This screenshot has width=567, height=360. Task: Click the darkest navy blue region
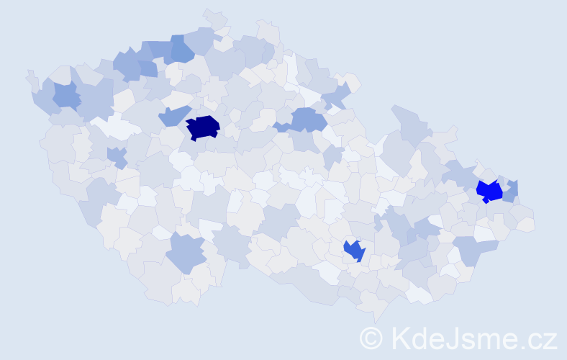pyautogui.click(x=202, y=127)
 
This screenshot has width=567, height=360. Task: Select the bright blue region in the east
pyautogui.click(x=489, y=191)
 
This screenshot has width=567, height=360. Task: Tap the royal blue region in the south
pyautogui.click(x=354, y=250)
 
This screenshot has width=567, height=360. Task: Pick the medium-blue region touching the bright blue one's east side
pyautogui.click(x=510, y=192)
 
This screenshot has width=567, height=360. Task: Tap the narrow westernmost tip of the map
pyautogui.click(x=31, y=78)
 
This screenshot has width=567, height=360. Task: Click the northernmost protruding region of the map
pyautogui.click(x=214, y=18)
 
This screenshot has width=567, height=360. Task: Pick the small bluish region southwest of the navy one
pyautogui.click(x=116, y=156)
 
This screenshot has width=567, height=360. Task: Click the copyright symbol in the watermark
pyautogui.click(x=371, y=338)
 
